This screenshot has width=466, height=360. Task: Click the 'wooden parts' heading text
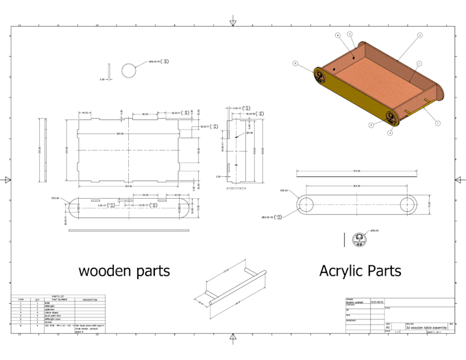[x=124, y=271]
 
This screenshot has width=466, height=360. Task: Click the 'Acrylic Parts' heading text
[x=360, y=271]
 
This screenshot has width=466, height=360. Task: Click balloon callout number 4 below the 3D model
[x=389, y=132]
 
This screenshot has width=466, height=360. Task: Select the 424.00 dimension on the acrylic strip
[x=356, y=171]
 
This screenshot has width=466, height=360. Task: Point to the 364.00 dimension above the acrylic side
[x=356, y=186]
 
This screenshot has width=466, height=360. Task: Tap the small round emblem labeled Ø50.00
[x=357, y=239]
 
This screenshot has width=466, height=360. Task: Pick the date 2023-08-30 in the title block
[x=378, y=301]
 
